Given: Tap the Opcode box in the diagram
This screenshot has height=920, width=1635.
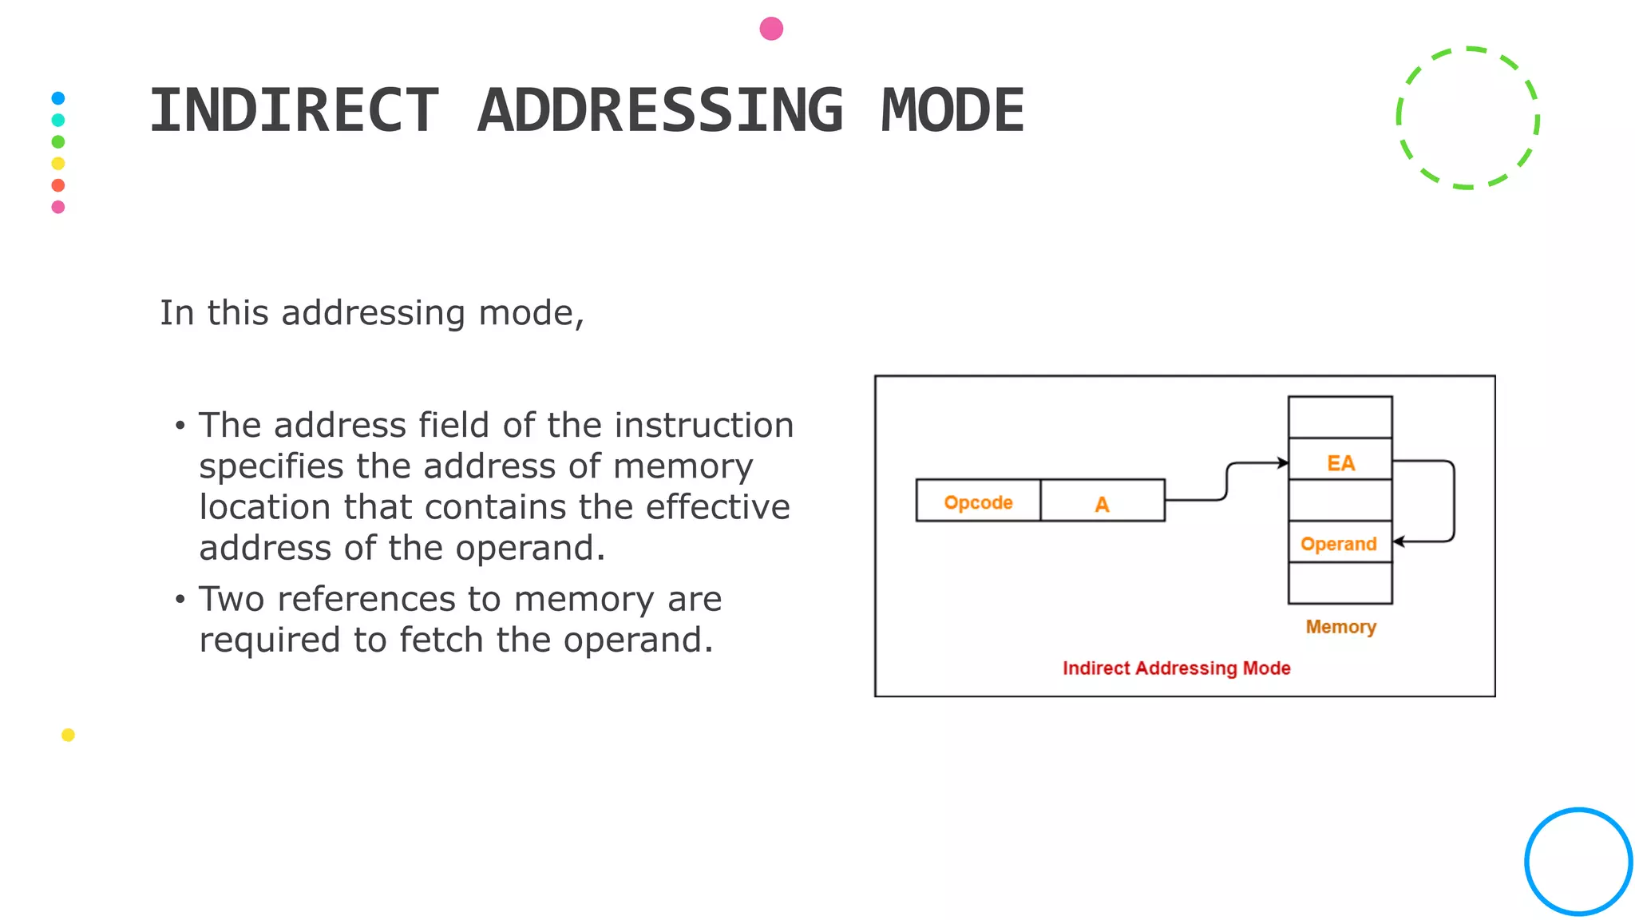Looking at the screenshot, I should coord(978,502).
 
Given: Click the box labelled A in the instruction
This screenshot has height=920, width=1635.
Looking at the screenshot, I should coord(1103,502).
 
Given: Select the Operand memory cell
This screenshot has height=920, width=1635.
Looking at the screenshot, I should coord(1339,543).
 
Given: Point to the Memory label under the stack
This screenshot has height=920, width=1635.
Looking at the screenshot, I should coord(1340,627).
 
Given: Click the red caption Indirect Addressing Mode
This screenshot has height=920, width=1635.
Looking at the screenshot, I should coord(1176,668).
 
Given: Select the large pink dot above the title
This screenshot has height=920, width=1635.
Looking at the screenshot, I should coord(771,29).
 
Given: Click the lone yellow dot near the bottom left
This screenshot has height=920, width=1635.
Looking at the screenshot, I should coord(68,735).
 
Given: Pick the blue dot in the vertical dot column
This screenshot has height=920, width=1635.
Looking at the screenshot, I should coord(58,98).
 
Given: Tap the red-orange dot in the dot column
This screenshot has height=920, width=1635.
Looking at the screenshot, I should coord(58,185).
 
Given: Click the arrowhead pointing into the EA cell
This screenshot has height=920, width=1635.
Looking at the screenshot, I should coord(1283,462).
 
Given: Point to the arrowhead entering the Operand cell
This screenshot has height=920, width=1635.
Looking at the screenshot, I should coord(1399,541).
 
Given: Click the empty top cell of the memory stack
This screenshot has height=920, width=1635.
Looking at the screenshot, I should coord(1340,417).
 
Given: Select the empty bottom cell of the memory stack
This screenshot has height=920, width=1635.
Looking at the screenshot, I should coord(1340,584).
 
